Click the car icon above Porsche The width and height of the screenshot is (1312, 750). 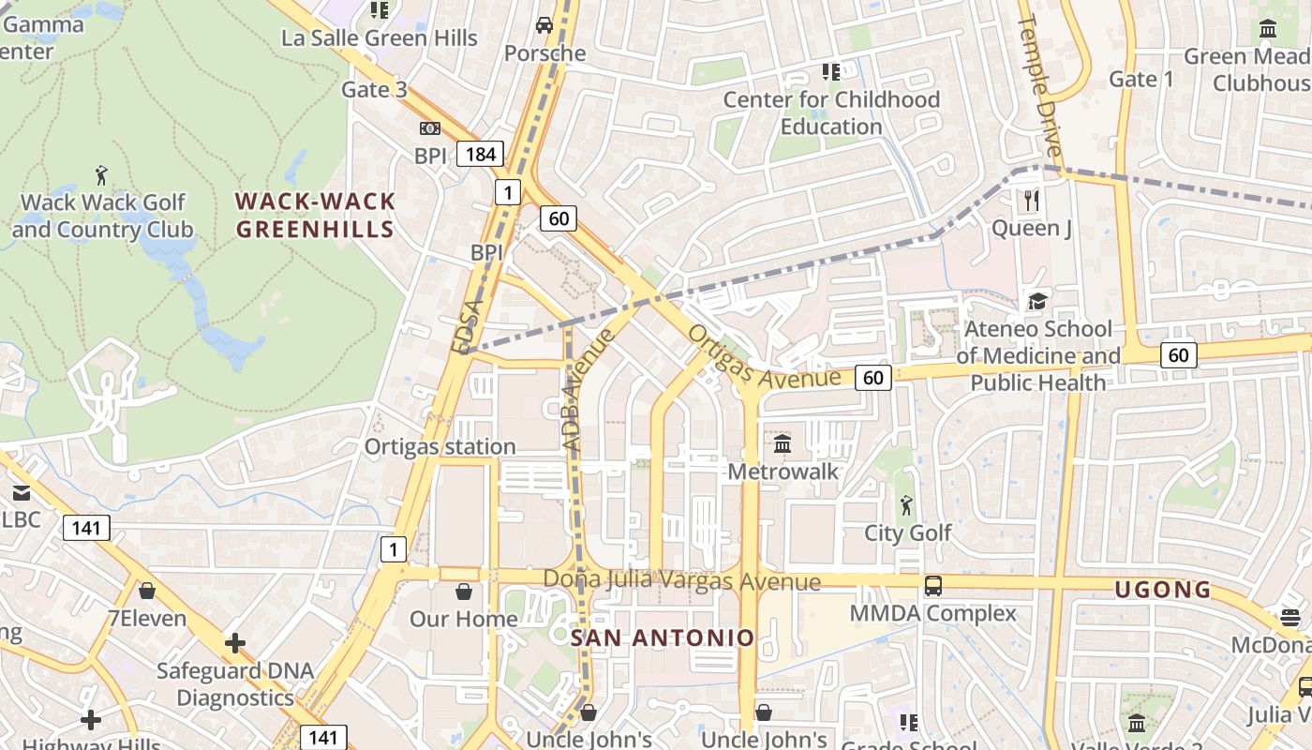click(544, 24)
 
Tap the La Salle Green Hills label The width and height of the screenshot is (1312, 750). click(380, 38)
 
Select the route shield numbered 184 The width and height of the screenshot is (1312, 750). click(481, 154)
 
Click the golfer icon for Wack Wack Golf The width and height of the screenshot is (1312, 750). click(102, 174)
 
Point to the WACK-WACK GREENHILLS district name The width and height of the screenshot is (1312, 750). click(315, 216)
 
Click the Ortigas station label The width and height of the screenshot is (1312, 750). click(440, 446)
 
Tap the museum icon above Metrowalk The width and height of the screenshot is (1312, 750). click(783, 442)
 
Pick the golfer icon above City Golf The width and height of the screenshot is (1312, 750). click(906, 505)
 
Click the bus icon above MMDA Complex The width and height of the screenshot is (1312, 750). click(932, 586)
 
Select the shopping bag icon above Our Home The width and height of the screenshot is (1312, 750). click(463, 592)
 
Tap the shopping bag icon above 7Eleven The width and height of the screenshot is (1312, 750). click(147, 591)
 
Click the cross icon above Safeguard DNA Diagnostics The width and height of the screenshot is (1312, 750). click(234, 643)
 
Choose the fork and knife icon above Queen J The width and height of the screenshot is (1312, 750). click(1032, 200)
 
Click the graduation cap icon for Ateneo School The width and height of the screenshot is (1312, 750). click(1037, 301)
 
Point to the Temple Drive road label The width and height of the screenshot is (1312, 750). click(1040, 86)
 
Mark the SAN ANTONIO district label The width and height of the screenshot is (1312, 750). click(663, 638)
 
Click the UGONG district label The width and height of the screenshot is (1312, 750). click(1162, 590)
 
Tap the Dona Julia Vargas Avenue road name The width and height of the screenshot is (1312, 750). click(681, 580)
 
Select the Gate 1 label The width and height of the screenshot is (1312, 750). click(1141, 80)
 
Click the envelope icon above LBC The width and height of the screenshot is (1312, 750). click(21, 492)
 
